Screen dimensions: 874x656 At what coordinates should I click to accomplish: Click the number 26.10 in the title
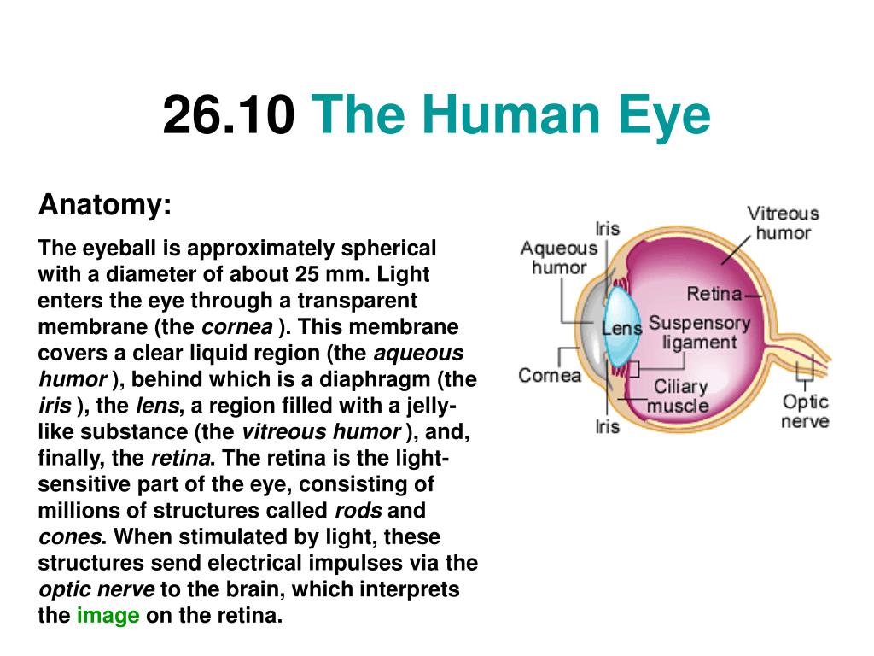pyautogui.click(x=229, y=114)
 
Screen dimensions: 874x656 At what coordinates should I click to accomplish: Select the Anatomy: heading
pyautogui.click(x=105, y=204)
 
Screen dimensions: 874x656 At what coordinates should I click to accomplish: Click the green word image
pyautogui.click(x=108, y=615)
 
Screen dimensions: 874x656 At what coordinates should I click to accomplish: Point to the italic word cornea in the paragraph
pyautogui.click(x=237, y=327)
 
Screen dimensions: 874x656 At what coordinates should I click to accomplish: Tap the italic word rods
pyautogui.click(x=358, y=511)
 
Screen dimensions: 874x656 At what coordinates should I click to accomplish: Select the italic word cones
pyautogui.click(x=70, y=537)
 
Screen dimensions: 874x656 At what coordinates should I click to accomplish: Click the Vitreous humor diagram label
pyautogui.click(x=783, y=223)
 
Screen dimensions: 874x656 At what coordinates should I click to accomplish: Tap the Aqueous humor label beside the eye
pyautogui.click(x=558, y=258)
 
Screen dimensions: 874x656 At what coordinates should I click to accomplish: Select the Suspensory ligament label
pyautogui.click(x=700, y=332)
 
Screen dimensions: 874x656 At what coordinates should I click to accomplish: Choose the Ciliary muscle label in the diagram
pyautogui.click(x=679, y=396)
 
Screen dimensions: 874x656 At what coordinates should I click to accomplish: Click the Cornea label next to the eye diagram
pyautogui.click(x=550, y=376)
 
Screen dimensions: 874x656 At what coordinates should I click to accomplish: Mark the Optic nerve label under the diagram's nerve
pyautogui.click(x=805, y=411)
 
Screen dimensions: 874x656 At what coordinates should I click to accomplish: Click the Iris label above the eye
pyautogui.click(x=607, y=229)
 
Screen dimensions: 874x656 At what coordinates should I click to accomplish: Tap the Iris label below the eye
pyautogui.click(x=607, y=427)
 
